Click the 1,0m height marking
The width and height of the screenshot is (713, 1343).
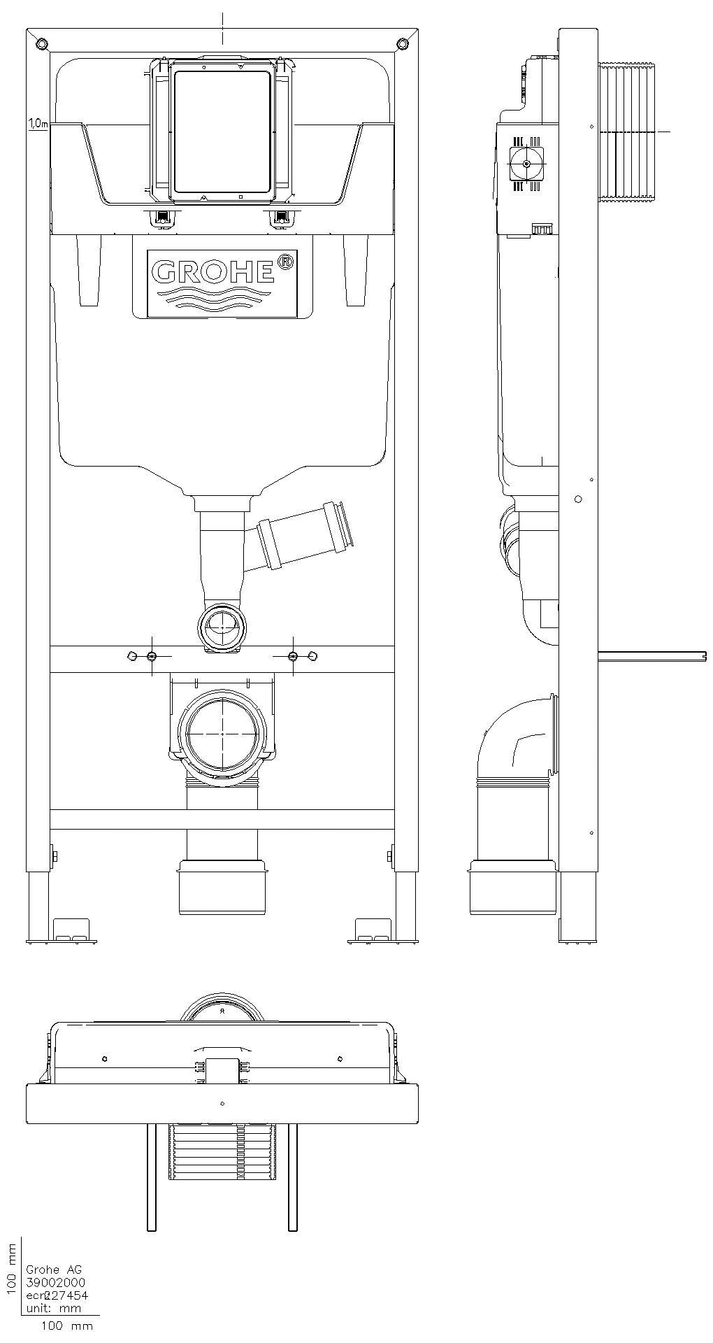pos(37,124)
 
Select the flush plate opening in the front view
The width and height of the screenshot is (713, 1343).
pos(222,131)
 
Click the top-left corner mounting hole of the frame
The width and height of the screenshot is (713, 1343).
pos(42,44)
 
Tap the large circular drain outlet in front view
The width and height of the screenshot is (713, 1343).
pos(222,732)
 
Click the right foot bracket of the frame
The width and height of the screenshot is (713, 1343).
pos(373,931)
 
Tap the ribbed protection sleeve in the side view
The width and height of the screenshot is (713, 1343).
pos(627,132)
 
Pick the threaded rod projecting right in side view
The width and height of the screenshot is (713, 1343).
pos(651,655)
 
